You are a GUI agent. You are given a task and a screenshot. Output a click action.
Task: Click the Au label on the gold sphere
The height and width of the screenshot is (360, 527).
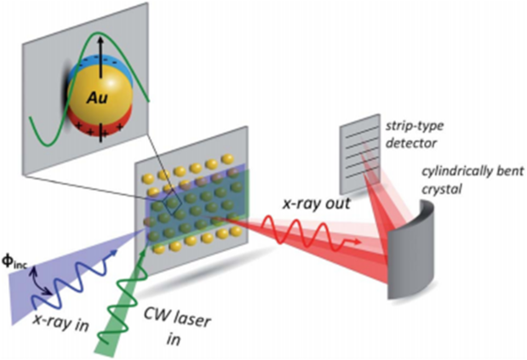point(98,98)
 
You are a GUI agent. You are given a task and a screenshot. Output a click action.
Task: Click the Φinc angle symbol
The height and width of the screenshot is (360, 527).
point(14,263)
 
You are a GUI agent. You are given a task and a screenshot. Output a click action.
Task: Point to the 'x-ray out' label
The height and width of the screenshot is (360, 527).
point(316,203)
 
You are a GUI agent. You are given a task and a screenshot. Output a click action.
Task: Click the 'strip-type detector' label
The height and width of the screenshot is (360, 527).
point(414,134)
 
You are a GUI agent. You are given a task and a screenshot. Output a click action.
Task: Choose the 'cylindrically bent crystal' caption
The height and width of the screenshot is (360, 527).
point(473,180)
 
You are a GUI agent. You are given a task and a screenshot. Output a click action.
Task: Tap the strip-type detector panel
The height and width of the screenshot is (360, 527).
point(359,154)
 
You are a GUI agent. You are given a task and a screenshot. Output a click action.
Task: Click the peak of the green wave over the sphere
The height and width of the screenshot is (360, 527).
point(98,32)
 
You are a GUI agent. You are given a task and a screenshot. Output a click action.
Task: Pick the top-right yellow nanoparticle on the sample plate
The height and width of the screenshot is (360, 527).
point(227,158)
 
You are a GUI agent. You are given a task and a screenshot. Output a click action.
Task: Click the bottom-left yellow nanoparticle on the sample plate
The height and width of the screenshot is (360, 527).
point(158,249)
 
